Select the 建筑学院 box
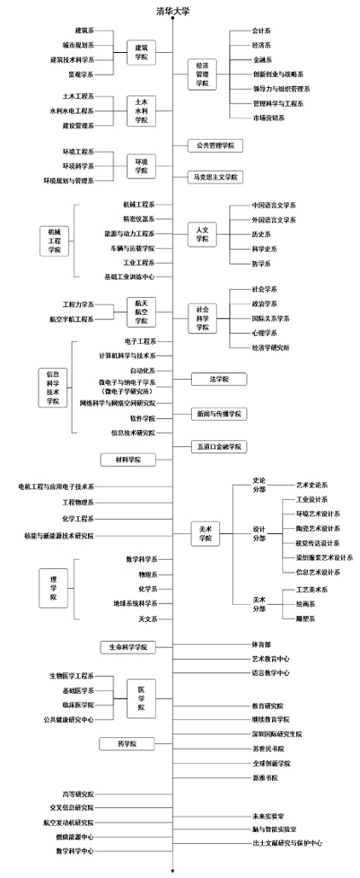pyautogui.click(x=141, y=52)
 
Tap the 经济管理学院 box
pyautogui.click(x=203, y=74)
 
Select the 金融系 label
pyautogui.click(x=263, y=59)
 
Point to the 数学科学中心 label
pyautogui.click(x=75, y=850)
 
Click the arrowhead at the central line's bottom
pyautogui.click(x=173, y=871)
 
